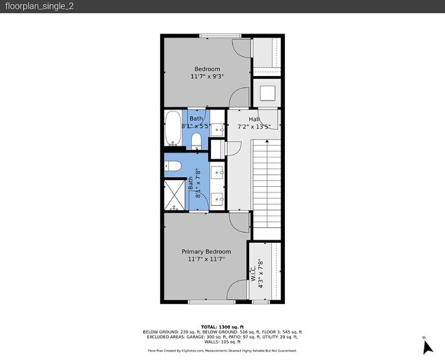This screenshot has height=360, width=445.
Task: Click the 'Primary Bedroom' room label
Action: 206,251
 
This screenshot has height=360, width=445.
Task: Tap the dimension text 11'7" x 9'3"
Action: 207,77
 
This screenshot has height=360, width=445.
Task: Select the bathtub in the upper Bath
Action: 173,129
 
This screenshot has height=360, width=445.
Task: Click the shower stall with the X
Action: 175,194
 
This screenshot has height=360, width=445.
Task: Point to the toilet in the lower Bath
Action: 173,165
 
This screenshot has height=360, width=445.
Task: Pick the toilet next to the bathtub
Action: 196,141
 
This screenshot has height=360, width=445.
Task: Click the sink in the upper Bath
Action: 218,128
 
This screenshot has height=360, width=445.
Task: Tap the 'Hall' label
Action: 244,119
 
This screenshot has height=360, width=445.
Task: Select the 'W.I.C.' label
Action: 253,272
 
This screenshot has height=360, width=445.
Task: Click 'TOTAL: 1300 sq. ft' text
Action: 222,326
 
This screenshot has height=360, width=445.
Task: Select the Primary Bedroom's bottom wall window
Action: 206,302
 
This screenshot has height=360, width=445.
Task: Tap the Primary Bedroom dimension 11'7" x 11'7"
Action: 206,259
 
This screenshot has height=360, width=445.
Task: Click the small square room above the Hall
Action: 266,92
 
